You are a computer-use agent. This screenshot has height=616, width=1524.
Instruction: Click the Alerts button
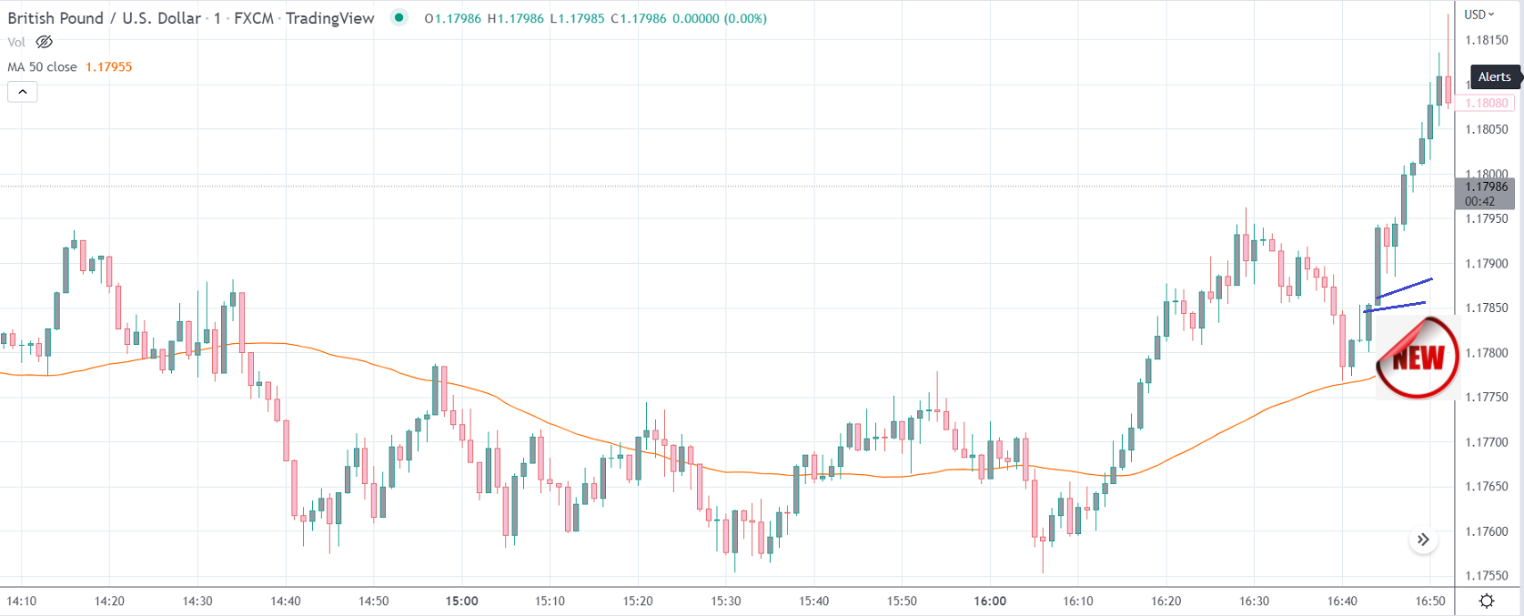coord(1494,77)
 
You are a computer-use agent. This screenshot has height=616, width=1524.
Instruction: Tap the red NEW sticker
coord(1417,358)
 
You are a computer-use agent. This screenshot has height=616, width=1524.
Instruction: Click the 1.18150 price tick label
coord(1487,40)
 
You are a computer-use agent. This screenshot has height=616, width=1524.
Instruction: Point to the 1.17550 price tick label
coord(1487,576)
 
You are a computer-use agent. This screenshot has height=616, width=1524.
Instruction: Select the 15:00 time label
coord(461,601)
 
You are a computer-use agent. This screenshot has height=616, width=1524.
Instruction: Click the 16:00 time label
coord(990,601)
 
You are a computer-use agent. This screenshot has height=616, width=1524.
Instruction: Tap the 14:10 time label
coord(22,601)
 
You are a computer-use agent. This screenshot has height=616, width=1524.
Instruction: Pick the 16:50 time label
coord(1430,601)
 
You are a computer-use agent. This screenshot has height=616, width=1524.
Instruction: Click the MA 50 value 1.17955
coord(108,67)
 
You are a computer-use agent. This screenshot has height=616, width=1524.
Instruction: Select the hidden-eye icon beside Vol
coord(44,42)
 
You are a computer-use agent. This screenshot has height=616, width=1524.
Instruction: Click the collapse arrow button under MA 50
coord(23,92)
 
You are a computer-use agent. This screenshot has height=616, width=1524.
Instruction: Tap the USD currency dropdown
coord(1479,15)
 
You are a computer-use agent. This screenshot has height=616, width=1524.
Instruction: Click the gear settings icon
coord(1487,601)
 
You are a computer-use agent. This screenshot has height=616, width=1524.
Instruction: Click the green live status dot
coord(399,17)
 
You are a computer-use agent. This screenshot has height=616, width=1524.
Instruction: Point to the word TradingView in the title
coord(329,18)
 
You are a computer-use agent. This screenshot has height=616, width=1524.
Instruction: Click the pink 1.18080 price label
coord(1487,104)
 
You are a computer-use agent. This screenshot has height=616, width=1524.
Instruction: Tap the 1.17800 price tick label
coord(1487,353)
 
